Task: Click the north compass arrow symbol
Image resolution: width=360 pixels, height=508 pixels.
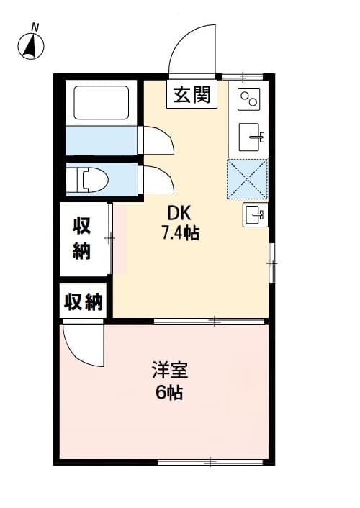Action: pyautogui.click(x=31, y=47)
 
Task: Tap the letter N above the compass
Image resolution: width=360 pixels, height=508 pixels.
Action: pyautogui.click(x=35, y=27)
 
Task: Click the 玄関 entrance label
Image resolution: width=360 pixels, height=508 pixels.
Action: pyautogui.click(x=192, y=94)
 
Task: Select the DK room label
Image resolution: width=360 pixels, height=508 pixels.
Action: pyautogui.click(x=180, y=213)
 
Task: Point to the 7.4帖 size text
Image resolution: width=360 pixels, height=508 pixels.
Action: pyautogui.click(x=180, y=232)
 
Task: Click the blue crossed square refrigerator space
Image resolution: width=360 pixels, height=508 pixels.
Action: pyautogui.click(x=247, y=178)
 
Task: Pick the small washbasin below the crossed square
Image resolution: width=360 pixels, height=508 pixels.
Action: pyautogui.click(x=254, y=213)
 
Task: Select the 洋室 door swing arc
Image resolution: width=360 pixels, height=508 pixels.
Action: pyautogui.click(x=81, y=345)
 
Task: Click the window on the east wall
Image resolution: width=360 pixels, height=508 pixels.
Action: pyautogui.click(x=271, y=263)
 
